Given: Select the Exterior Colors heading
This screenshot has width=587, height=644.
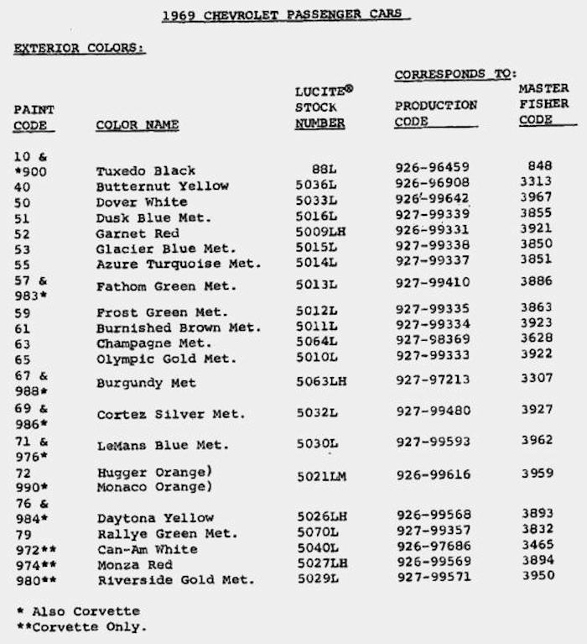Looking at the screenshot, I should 80,49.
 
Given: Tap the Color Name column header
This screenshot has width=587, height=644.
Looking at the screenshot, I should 138,125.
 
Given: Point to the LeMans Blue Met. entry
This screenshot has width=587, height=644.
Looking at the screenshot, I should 162,445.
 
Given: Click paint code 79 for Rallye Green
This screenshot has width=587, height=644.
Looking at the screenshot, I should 23,533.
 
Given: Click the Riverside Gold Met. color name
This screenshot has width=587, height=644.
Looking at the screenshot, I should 175,580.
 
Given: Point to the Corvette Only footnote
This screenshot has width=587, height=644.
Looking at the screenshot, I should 81,626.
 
